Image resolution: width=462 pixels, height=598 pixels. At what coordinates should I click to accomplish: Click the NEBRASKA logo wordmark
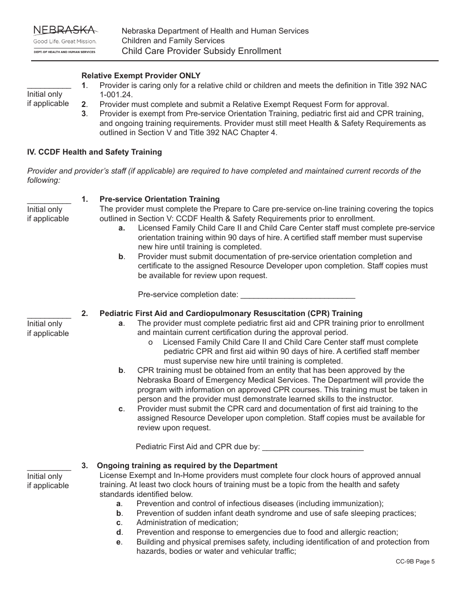(64, 31)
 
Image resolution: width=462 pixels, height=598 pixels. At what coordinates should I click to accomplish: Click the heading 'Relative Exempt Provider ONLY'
(141, 76)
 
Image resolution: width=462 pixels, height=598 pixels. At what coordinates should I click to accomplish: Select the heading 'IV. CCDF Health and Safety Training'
(94, 152)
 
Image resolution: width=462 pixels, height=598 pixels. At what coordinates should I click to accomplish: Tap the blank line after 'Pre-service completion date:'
(298, 295)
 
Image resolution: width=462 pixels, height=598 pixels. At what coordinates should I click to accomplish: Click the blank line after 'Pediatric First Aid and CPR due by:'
(313, 447)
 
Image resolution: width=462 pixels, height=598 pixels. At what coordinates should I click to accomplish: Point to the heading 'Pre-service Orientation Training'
(160, 199)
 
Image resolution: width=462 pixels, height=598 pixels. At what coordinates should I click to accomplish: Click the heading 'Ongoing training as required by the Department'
(187, 466)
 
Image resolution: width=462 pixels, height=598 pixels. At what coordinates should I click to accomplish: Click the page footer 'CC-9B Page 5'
(415, 562)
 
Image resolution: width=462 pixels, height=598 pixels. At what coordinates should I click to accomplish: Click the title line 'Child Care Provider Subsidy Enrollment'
(201, 51)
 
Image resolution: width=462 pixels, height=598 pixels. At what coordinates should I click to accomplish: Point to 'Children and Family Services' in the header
(173, 41)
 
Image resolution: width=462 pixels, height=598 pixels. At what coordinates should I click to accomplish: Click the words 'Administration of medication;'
(187, 523)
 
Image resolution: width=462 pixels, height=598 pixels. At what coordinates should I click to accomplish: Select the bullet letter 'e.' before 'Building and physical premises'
(119, 542)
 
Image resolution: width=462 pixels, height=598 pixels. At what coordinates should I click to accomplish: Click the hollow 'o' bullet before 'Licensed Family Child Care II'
(150, 342)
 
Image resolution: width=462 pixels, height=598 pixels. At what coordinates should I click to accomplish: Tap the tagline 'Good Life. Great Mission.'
(65, 42)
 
